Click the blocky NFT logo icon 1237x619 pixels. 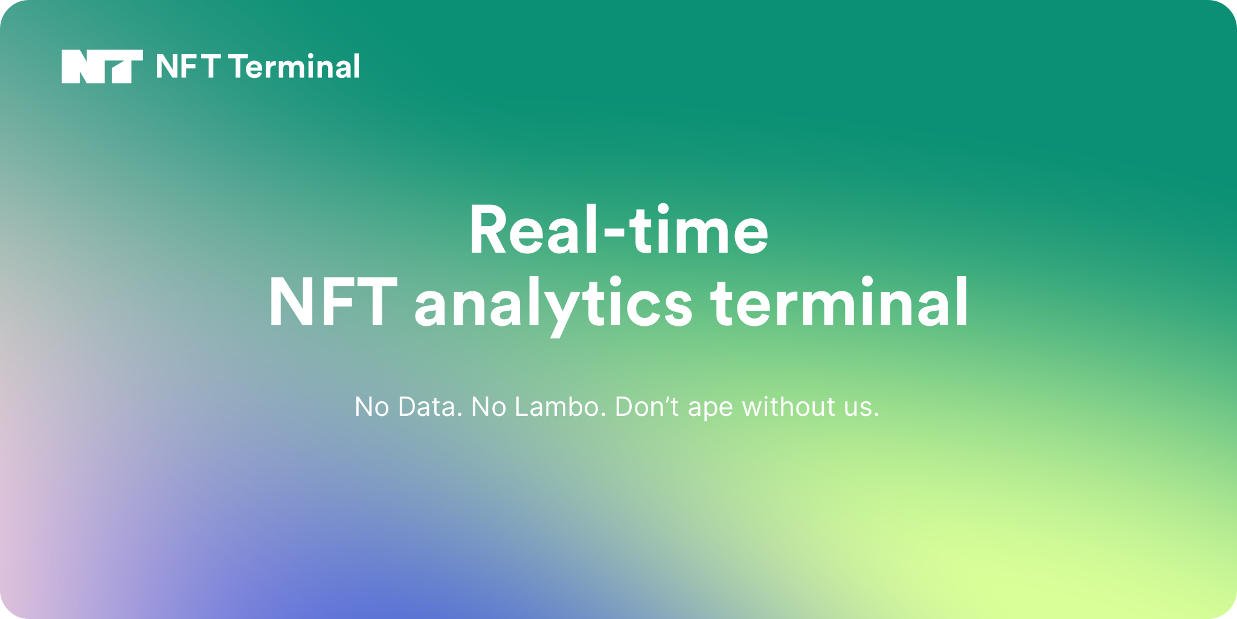pyautogui.click(x=102, y=66)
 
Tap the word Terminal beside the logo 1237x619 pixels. pyautogui.click(x=295, y=66)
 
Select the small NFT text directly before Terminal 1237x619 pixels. pyautogui.click(x=188, y=66)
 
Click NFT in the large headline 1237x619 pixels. pyautogui.click(x=333, y=302)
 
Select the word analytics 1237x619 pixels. pyautogui.click(x=553, y=306)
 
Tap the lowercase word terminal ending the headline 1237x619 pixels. pyautogui.click(x=840, y=302)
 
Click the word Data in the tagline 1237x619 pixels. pyautogui.click(x=430, y=406)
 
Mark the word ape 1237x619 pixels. pyautogui.click(x=711, y=409)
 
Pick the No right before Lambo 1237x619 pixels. pyautogui.click(x=489, y=406)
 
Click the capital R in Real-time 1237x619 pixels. pyautogui.click(x=491, y=230)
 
